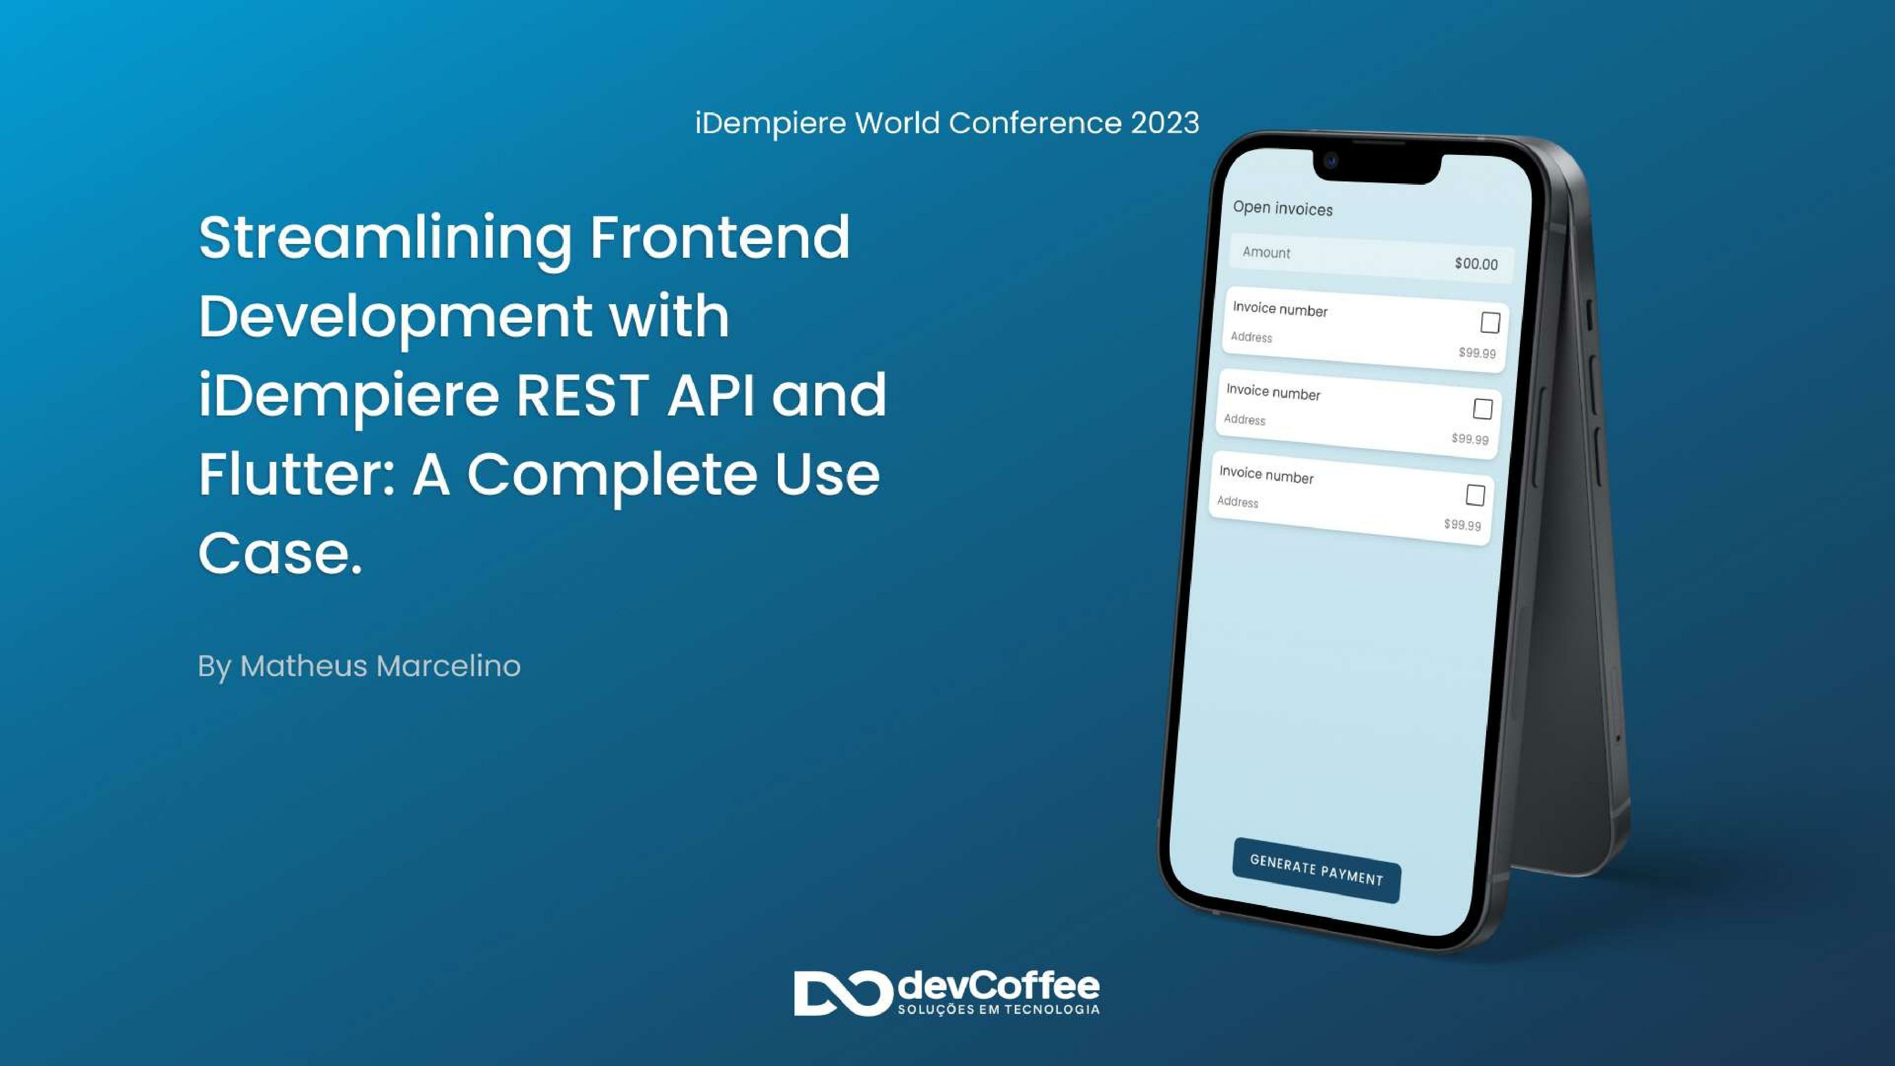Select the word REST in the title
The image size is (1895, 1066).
click(582, 395)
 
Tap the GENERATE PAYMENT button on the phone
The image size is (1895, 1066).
click(1316, 870)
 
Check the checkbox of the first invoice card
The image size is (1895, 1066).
click(1489, 322)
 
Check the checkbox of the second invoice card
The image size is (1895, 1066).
click(1482, 409)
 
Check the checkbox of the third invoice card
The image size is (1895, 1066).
click(1475, 495)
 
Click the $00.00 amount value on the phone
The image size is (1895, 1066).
click(1476, 263)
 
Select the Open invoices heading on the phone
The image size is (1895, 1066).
click(1282, 208)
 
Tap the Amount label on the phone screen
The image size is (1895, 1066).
click(1266, 253)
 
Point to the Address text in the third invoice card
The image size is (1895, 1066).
click(1237, 502)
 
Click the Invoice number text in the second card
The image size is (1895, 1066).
click(1272, 392)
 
